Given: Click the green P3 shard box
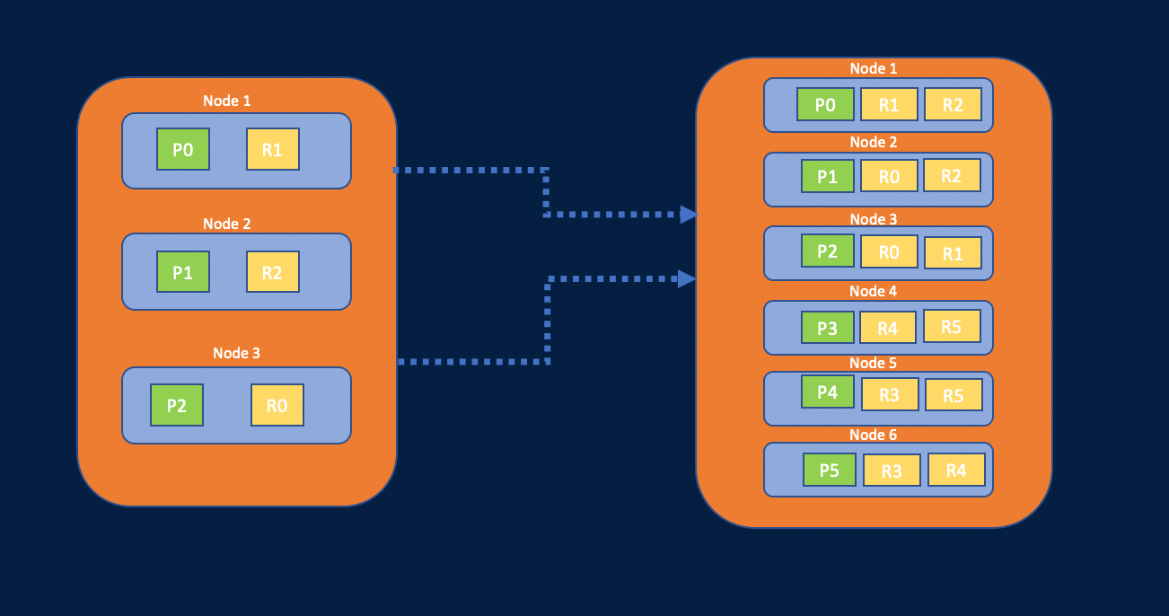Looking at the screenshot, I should coord(827,329).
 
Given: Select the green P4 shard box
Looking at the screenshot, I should coord(827,392).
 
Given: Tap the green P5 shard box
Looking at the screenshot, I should coord(829,470).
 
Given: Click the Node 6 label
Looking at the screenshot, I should coord(873,436).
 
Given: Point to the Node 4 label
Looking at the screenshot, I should coord(873,291).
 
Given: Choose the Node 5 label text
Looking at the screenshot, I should coord(873,364).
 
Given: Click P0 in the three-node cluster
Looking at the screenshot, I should coord(182,150).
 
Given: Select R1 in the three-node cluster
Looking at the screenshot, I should coord(272,150).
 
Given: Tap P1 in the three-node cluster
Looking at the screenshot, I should coord(182,272).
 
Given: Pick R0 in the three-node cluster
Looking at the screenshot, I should coord(277,405).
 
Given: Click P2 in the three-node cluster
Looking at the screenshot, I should coord(177,405).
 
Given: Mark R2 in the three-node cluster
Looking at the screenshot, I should coord(272,272).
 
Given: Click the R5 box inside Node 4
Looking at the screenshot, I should coord(951,327).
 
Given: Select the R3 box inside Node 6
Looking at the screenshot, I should coord(892,471).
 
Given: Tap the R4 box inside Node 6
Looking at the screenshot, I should coord(955,470).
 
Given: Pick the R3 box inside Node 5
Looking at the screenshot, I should coord(890,394).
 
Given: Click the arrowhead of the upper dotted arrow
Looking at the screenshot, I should coord(688,215).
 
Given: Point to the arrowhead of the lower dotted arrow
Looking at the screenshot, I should coord(687,279).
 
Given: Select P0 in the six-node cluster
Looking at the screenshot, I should coord(825,105).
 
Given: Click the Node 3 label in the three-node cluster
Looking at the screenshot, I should coord(236,353).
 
